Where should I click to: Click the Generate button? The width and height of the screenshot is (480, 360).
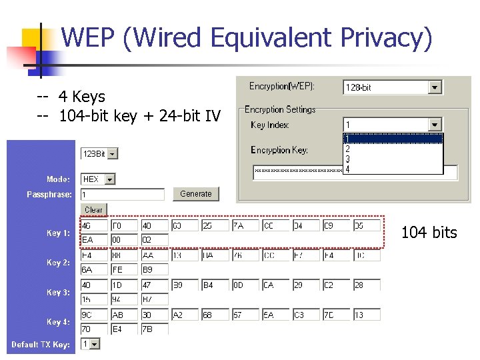click(x=195, y=194)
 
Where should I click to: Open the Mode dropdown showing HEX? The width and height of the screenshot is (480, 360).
click(x=110, y=179)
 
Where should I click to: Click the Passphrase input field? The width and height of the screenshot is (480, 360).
click(x=122, y=195)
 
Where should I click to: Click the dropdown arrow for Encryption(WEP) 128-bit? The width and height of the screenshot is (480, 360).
click(x=435, y=87)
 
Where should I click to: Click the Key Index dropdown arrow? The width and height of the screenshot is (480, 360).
click(x=435, y=125)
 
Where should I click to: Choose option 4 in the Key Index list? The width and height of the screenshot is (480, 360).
click(x=348, y=169)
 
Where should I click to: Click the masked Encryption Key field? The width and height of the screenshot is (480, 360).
click(x=300, y=171)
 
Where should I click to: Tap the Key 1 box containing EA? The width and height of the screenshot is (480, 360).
click(x=93, y=240)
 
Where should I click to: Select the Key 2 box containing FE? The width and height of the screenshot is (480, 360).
click(x=124, y=269)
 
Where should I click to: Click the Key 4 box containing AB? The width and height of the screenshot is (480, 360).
click(x=124, y=315)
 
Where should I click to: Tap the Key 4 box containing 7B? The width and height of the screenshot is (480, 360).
click(x=154, y=329)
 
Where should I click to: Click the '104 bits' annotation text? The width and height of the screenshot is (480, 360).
click(x=429, y=233)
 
